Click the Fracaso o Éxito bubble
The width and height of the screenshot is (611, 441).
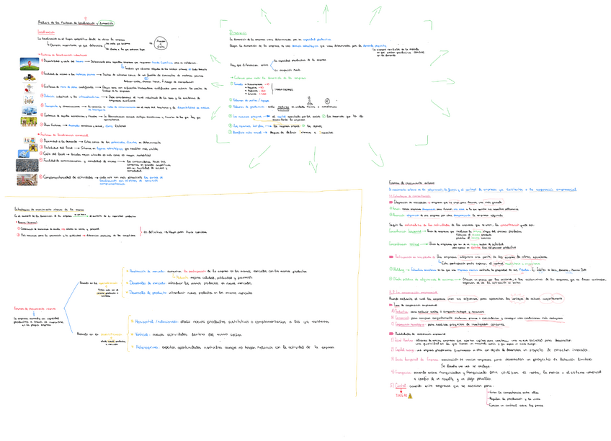(x=160, y=45)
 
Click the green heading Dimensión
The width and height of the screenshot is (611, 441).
(x=238, y=33)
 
